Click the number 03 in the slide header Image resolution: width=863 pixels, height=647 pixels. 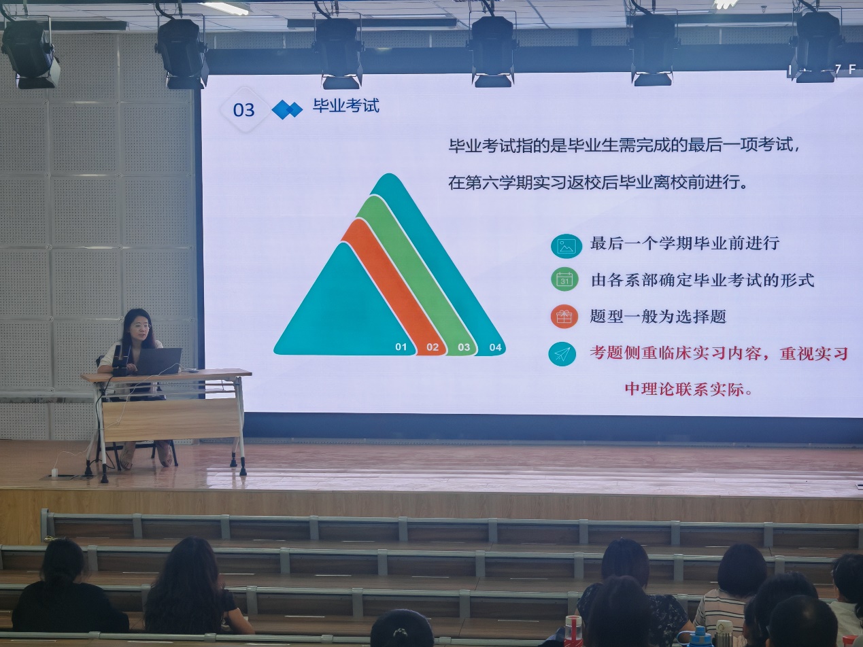coord(243,110)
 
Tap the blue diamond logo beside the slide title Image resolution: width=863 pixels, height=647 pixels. coord(287,109)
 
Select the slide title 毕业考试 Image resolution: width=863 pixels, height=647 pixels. coord(346,105)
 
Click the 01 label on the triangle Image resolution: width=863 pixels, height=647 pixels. coord(401,347)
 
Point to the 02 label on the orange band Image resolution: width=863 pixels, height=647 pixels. coord(433,347)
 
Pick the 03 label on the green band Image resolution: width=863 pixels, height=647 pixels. coord(464,347)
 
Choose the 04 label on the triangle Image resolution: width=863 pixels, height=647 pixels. coord(495,347)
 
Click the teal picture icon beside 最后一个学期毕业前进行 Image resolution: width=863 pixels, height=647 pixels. coord(566,246)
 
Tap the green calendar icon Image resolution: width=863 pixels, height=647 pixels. coord(564,279)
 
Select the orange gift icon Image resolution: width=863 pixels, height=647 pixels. coord(564,316)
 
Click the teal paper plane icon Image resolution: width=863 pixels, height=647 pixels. coord(562,354)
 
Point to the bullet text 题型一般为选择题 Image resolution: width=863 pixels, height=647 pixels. coord(658,316)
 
